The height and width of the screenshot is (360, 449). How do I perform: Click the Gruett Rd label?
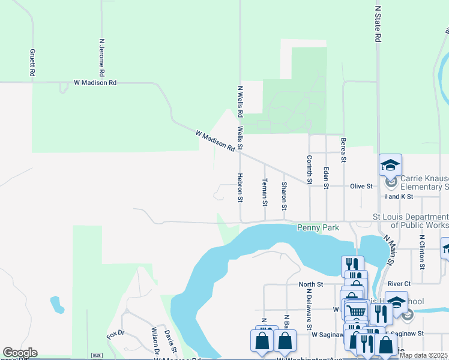pos(32,62)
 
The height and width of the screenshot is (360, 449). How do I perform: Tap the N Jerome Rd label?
pos(102,58)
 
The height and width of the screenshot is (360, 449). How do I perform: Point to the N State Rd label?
pos(378,24)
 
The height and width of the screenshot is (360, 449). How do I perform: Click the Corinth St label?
pos(310,170)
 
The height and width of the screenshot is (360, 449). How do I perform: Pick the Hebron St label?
pos(240,187)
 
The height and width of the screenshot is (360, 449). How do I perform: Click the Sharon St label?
pos(284,196)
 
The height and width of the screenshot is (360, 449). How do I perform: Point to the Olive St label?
pos(362,187)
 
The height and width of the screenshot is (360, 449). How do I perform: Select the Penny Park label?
pos(318,228)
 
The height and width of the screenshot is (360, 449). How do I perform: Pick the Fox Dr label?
pos(115,334)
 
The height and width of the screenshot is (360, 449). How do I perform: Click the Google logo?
pos(20,353)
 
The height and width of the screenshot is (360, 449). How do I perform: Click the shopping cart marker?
pos(356,310)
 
